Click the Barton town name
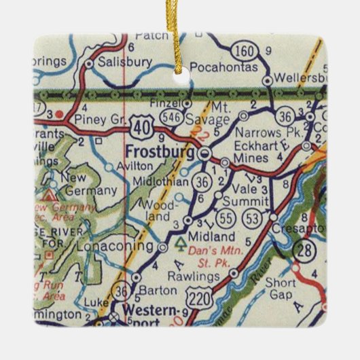[x=158, y=291]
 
